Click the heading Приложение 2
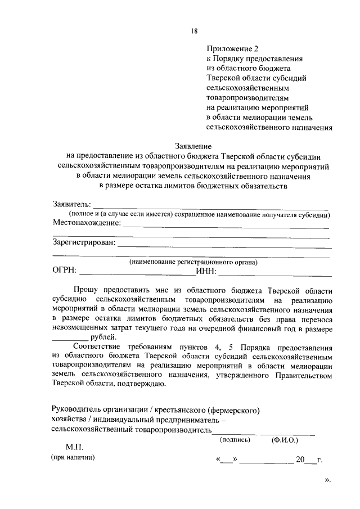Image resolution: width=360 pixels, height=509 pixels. coord(232,49)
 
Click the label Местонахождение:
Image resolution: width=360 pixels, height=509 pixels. coord(87,223)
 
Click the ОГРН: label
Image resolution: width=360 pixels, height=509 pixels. coord(65,272)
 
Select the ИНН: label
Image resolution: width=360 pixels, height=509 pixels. coord(206,272)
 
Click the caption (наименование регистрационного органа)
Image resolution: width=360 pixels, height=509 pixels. coord(193,262)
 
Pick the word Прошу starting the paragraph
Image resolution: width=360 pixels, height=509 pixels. coord(88,290)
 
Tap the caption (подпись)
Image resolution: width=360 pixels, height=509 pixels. coord(236,440)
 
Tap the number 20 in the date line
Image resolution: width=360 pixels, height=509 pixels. coord(300,460)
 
